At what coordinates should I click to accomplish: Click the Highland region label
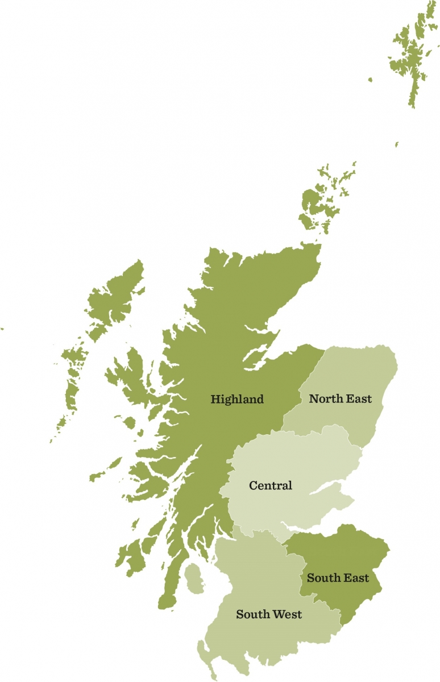pyautogui.click(x=237, y=399)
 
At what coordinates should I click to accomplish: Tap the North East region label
pyautogui.click(x=340, y=398)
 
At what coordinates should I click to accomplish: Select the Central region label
pyautogui.click(x=271, y=485)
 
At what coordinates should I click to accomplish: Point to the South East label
pyautogui.click(x=338, y=578)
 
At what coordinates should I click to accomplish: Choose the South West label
pyautogui.click(x=269, y=614)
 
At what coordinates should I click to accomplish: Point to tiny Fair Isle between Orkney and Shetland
pyautogui.click(x=397, y=144)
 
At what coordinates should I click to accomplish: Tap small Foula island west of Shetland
pyautogui.click(x=370, y=80)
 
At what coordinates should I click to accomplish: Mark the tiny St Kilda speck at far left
pyautogui.click(x=2, y=328)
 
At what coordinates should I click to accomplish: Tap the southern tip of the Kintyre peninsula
pyautogui.click(x=165, y=605)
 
